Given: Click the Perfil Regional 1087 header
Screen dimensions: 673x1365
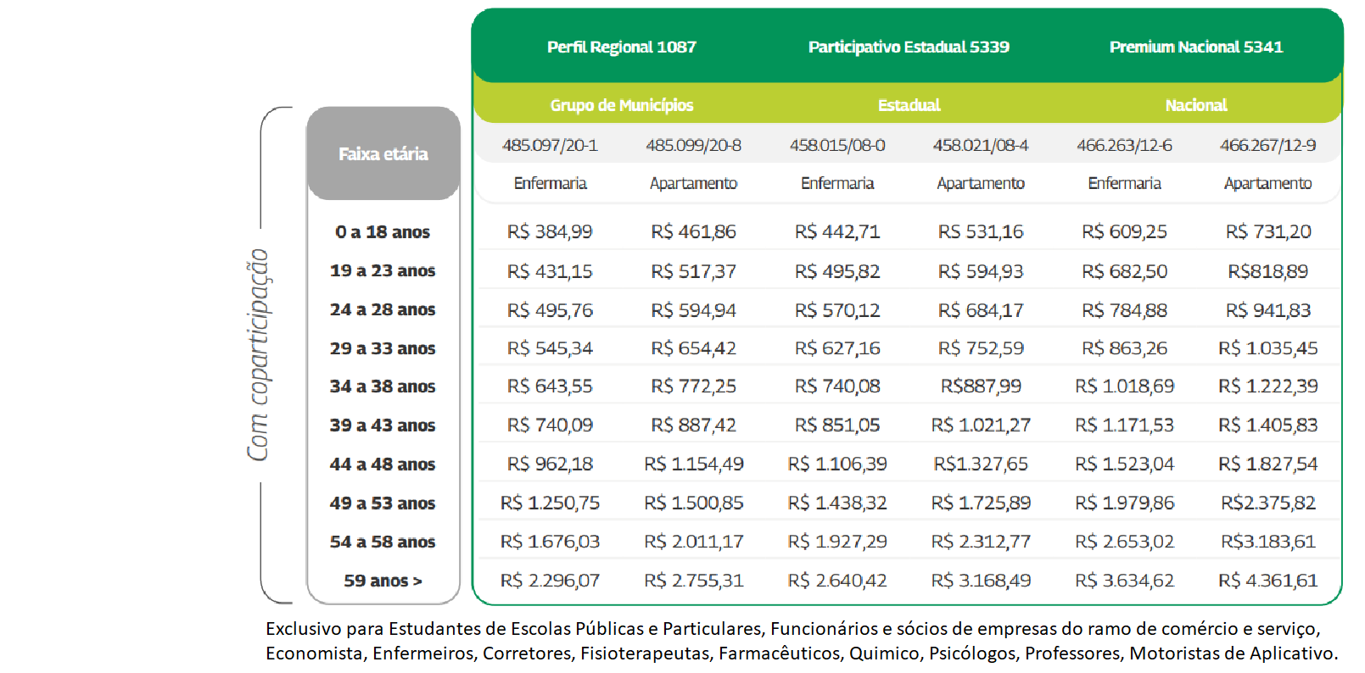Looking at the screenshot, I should [x=621, y=47].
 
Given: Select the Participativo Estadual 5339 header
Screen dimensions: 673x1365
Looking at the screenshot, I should [x=909, y=47].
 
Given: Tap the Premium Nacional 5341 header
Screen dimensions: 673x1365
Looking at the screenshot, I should [x=1196, y=47].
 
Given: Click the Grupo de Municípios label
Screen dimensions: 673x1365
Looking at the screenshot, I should [x=621, y=105].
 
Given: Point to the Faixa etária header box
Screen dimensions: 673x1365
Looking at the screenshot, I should [x=383, y=153].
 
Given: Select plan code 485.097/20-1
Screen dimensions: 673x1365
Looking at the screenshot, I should [x=550, y=146].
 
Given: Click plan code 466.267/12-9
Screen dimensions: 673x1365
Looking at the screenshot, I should [x=1267, y=146].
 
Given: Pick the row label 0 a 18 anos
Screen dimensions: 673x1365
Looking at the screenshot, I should [x=383, y=232].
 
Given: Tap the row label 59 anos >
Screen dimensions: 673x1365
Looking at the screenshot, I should [x=383, y=581].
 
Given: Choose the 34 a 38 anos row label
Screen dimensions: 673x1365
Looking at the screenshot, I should [x=383, y=387].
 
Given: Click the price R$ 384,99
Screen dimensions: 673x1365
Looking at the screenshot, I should [x=550, y=231].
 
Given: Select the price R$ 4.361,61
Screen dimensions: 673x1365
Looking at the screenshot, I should [x=1267, y=581].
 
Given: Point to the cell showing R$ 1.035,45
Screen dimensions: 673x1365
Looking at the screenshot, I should [x=1267, y=348].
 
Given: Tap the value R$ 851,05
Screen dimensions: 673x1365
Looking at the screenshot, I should [x=837, y=425].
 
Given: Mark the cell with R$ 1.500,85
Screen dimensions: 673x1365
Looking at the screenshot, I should [x=693, y=503].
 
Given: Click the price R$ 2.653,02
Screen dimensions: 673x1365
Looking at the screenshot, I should [x=1124, y=542].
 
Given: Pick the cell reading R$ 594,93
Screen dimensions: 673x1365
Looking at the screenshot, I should [x=981, y=271].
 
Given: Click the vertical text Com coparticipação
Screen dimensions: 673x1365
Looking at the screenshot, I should [x=258, y=355].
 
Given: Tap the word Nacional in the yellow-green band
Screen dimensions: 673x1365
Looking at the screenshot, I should [x=1196, y=105].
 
